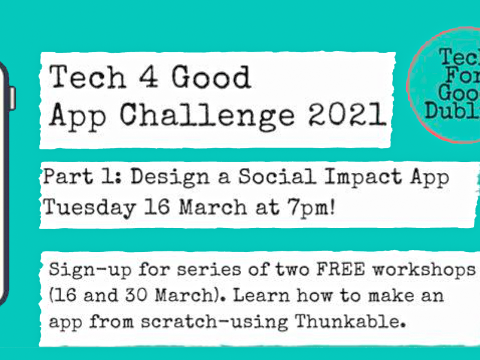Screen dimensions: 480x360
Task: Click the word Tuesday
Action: (x=89, y=208)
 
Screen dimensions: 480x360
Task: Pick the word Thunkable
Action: (x=350, y=321)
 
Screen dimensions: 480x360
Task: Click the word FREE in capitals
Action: (x=340, y=269)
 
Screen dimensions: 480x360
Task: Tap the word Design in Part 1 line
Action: (x=170, y=178)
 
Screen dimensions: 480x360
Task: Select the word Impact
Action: (x=363, y=178)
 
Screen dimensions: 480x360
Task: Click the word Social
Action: (x=277, y=176)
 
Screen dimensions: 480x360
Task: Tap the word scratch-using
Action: (x=214, y=322)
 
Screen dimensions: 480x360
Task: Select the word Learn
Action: (x=261, y=295)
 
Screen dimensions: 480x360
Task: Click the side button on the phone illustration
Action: (x=13, y=98)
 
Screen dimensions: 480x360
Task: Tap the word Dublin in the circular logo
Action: (x=452, y=111)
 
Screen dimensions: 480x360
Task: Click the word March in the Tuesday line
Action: (x=213, y=207)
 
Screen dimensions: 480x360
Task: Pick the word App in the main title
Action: (x=78, y=117)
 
